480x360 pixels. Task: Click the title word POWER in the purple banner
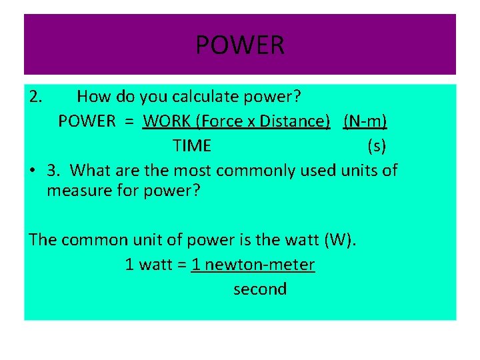[x=240, y=45]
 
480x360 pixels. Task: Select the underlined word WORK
[x=166, y=121]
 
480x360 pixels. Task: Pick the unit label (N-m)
[x=365, y=121]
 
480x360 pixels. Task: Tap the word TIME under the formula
[x=192, y=145]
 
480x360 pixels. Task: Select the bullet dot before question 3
[x=33, y=171]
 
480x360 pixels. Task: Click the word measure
[x=75, y=191]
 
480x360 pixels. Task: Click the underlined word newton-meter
[x=260, y=265]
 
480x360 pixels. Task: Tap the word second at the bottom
[x=260, y=289]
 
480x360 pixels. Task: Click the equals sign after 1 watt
[x=182, y=265]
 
